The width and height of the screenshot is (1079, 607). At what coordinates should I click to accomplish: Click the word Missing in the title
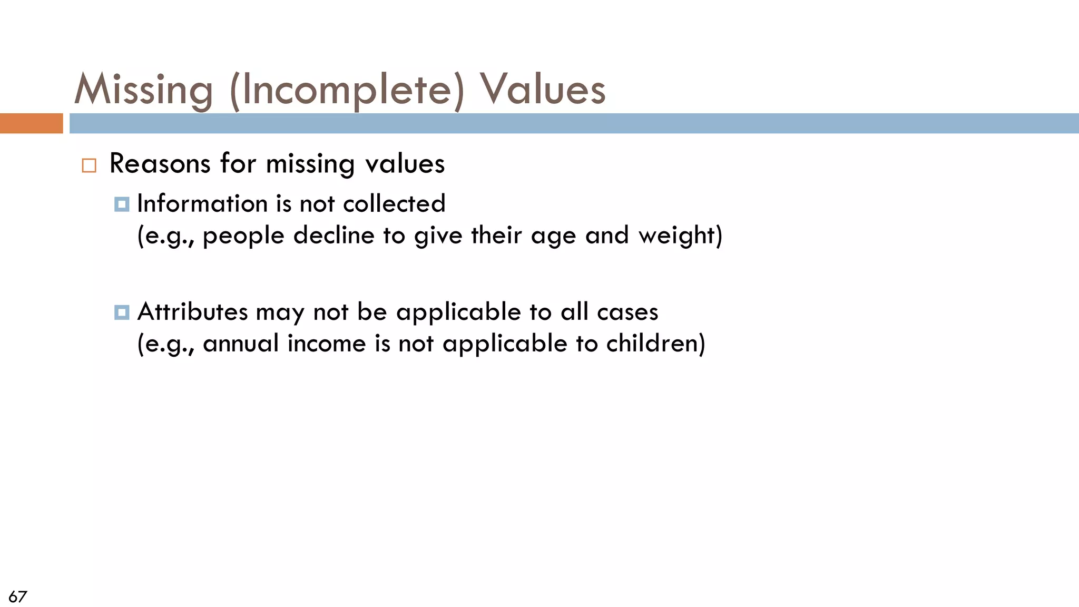143,90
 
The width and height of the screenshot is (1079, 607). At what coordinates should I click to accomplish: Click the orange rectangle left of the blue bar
31,123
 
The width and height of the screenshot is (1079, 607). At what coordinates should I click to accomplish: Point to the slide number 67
17,596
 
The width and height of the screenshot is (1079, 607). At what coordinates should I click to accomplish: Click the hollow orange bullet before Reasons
89,165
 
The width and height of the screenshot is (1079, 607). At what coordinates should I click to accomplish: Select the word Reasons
160,163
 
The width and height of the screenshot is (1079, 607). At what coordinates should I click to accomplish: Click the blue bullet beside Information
122,204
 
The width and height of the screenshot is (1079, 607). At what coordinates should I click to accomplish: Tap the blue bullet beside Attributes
122,312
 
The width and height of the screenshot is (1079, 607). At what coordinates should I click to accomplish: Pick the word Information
202,203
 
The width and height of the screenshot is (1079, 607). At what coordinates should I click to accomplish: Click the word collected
394,203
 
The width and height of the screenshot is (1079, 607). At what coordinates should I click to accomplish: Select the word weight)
680,236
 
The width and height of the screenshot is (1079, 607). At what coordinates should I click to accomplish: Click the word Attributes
192,311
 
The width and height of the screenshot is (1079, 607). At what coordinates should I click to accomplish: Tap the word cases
627,312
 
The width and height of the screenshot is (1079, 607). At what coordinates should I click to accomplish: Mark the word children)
655,344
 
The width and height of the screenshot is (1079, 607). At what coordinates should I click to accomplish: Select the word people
243,236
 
